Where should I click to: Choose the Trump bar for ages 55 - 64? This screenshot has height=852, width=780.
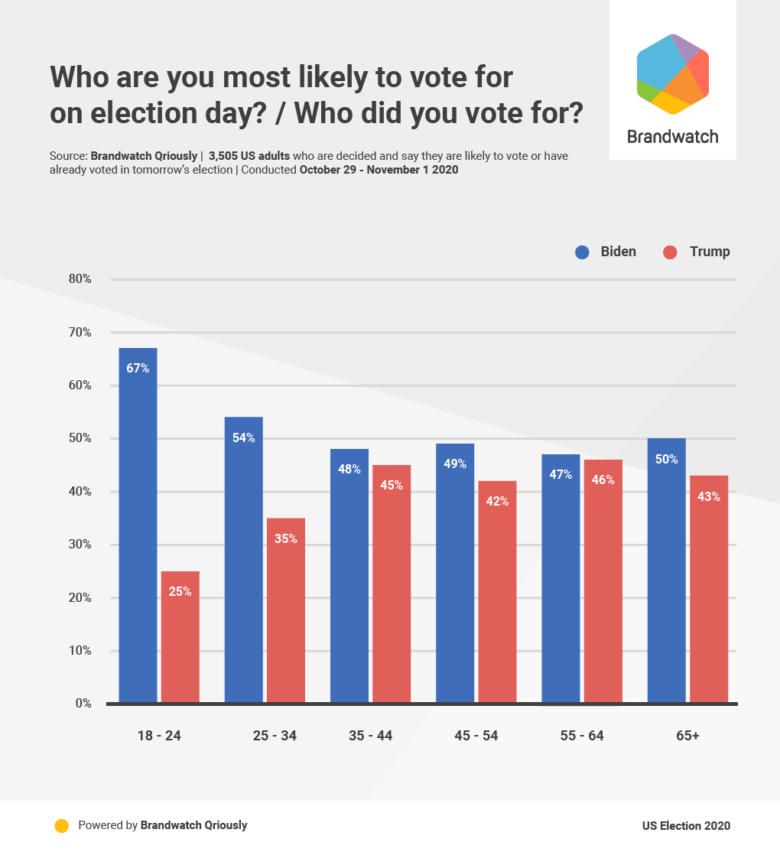(603, 581)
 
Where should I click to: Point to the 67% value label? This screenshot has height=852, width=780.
(138, 368)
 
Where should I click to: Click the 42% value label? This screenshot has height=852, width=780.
(497, 501)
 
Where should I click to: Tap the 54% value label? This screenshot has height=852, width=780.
(244, 437)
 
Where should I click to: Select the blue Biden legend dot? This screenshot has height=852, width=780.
(583, 252)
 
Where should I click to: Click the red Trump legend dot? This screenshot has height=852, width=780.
(671, 252)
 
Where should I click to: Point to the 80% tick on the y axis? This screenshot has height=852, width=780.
(80, 279)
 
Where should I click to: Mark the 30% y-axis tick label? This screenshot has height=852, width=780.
(80, 545)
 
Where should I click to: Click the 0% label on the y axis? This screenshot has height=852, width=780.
(83, 704)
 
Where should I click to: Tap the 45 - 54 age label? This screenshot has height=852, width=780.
(476, 736)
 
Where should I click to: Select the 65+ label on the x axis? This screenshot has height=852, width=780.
(687, 736)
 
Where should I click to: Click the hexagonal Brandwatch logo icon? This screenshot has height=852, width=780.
(673, 74)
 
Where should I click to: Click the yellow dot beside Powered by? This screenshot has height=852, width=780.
(62, 826)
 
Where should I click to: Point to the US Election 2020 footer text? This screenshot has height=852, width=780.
(686, 826)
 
